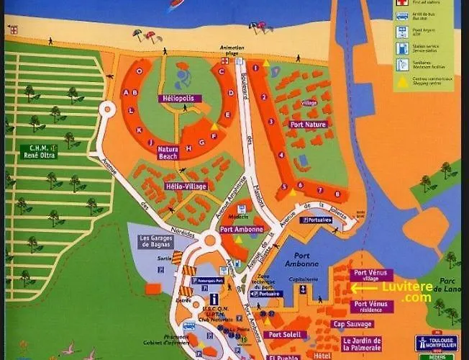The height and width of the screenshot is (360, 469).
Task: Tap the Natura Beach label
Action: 168,152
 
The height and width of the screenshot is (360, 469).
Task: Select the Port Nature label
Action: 308,125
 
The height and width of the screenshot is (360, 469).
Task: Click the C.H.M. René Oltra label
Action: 39,151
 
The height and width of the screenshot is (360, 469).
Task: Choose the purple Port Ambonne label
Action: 241,230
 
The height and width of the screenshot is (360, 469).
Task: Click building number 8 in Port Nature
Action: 337,194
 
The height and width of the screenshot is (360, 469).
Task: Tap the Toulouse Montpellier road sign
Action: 435,343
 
